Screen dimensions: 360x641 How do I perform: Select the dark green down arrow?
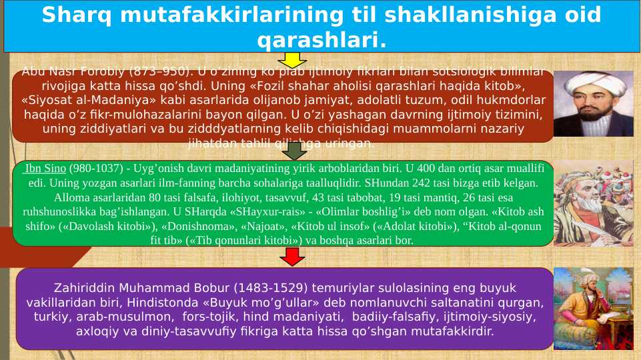293,151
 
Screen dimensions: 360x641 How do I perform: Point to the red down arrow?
291,256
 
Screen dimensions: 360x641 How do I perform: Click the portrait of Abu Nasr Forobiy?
593,104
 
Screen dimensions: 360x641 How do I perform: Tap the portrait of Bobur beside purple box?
593,308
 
